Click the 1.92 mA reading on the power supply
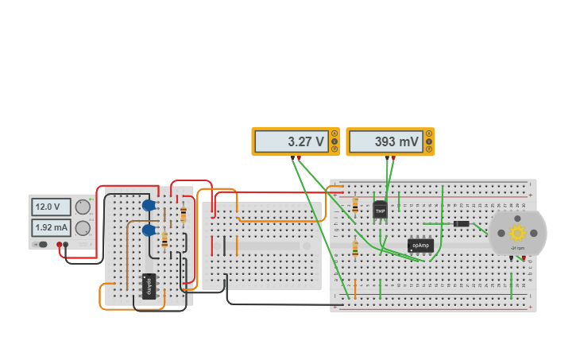point(49,228)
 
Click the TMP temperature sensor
point(380,211)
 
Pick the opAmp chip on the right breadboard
point(420,246)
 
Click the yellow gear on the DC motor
point(518,233)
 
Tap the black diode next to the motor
point(460,224)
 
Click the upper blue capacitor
point(149,205)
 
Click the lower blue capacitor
point(149,230)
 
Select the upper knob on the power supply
point(82,207)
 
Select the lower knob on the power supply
point(82,228)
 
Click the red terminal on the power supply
point(59,245)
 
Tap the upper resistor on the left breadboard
point(184,214)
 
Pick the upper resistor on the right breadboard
point(354,207)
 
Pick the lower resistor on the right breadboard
point(354,250)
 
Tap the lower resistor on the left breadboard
point(164,239)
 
